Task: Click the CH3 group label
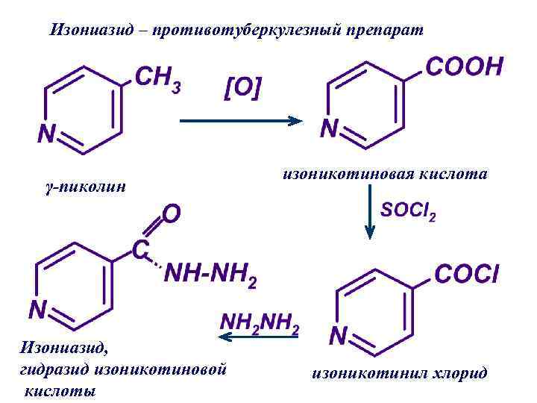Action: point(157,78)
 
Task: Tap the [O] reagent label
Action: point(243,87)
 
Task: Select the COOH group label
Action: point(464,67)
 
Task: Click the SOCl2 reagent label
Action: point(408,214)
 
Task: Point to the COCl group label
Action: point(467,275)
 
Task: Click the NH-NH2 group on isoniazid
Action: point(211,276)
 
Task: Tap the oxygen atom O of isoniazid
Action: point(171,214)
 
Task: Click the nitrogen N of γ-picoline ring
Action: point(46,134)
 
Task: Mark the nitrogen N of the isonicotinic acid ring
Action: point(329,128)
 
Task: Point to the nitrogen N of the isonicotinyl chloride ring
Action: point(338,337)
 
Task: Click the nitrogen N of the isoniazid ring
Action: point(37,308)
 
